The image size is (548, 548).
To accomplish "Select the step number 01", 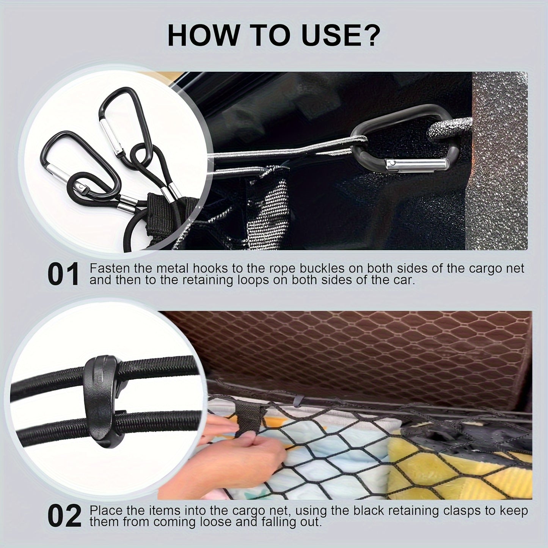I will point(63,275).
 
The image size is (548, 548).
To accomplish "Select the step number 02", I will point(64,516).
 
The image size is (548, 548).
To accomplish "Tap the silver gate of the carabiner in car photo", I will point(415,165).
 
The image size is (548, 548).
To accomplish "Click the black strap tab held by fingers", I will point(248,417).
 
